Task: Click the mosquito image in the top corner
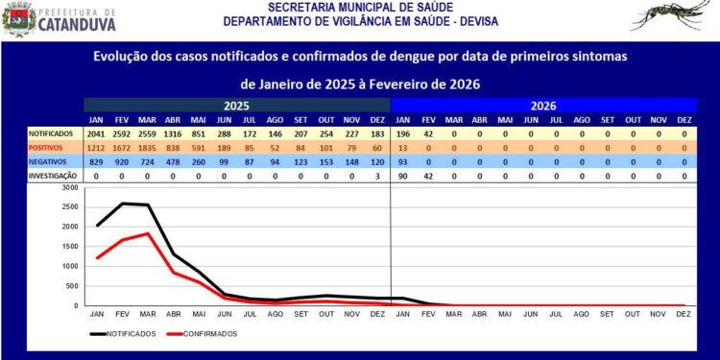tap(673, 16)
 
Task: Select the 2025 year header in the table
tap(237, 106)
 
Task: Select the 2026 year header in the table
tap(542, 106)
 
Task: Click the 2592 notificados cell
tap(122, 133)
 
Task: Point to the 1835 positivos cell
tap(147, 149)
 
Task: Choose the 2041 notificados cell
tap(96, 133)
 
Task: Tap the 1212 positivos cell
tap(96, 149)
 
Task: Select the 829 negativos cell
tap(97, 163)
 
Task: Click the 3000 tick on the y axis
tap(68, 188)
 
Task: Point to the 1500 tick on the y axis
tap(68, 247)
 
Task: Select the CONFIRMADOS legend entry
tap(204, 334)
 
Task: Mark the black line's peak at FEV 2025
tap(122, 204)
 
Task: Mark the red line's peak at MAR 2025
tap(147, 233)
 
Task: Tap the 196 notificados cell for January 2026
tap(403, 133)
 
